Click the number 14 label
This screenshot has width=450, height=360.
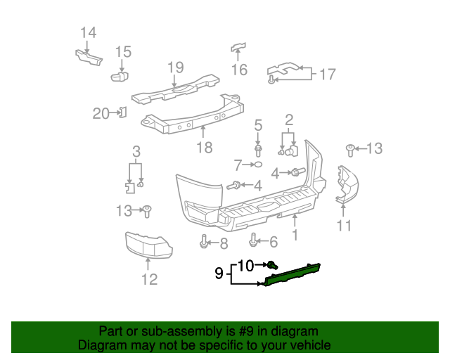[88, 32]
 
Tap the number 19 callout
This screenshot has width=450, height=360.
[175, 67]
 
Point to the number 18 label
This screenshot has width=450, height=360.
[203, 147]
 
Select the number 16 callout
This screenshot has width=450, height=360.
[240, 69]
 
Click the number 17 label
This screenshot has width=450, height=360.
[328, 74]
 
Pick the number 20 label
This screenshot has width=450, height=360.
[101, 112]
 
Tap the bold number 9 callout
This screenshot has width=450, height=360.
[219, 273]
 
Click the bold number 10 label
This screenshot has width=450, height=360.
[245, 265]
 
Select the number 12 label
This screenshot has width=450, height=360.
[148, 279]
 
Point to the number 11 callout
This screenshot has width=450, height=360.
[344, 226]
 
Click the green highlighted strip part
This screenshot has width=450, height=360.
[292, 274]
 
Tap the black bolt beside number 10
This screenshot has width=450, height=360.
[271, 265]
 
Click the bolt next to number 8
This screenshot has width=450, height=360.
[203, 243]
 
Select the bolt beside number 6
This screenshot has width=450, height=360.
[255, 242]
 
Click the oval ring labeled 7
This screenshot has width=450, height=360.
[258, 165]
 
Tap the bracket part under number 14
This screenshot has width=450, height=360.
[86, 56]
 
